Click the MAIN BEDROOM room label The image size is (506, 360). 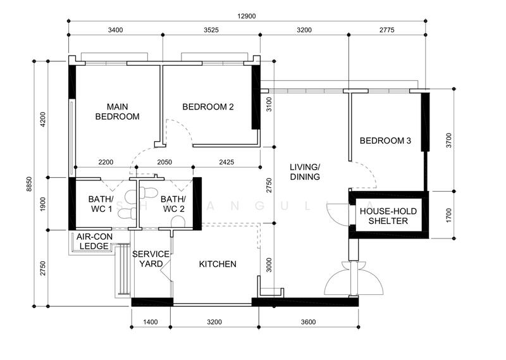click(118, 112)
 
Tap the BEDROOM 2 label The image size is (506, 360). click(208, 107)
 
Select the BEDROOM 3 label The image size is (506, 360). click(385, 140)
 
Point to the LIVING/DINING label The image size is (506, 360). click(305, 172)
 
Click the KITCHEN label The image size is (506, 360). click(218, 264)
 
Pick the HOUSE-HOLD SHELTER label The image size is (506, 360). click(388, 216)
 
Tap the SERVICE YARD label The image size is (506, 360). click(151, 259)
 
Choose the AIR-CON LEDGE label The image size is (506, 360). click(94, 242)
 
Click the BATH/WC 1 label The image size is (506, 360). click(101, 204)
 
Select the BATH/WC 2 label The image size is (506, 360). click(173, 204)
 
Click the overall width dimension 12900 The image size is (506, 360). click(247, 16)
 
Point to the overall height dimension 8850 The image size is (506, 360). click(29, 184)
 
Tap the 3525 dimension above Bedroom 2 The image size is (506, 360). click(211, 30)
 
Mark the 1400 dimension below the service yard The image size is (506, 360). click(151, 322)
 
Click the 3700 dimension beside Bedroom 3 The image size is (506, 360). click(449, 140)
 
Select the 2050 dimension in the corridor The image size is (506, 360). click(164, 162)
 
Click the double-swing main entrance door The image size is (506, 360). click(354, 278)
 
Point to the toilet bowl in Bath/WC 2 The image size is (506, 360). click(178, 221)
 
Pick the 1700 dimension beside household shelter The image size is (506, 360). click(449, 215)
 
